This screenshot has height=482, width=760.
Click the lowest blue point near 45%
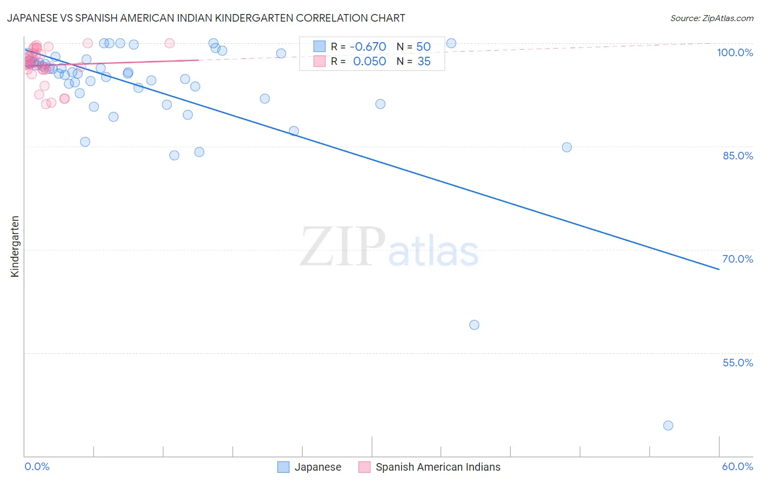point(668,425)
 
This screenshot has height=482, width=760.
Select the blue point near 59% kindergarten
point(474,325)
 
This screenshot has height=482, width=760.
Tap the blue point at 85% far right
point(566,147)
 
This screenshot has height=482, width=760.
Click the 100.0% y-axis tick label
point(735,52)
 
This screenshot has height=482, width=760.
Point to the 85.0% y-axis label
point(738,156)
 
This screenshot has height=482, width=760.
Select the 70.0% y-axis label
point(738,259)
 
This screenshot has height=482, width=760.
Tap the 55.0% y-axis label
point(738,363)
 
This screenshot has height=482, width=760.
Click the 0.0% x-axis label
point(37,466)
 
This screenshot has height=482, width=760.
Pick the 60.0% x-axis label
point(737,466)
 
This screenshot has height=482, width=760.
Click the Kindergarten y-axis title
point(15,246)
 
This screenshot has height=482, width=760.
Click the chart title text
point(206,18)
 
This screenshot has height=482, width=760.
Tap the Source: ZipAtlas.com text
point(711,18)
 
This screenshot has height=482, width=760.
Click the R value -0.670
point(368,46)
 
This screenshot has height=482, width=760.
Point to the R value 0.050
point(369,61)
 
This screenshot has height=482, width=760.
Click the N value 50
point(423,46)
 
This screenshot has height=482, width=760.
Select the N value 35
point(424,61)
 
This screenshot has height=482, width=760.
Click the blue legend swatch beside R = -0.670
point(319,46)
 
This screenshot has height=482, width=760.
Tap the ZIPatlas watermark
point(389,247)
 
